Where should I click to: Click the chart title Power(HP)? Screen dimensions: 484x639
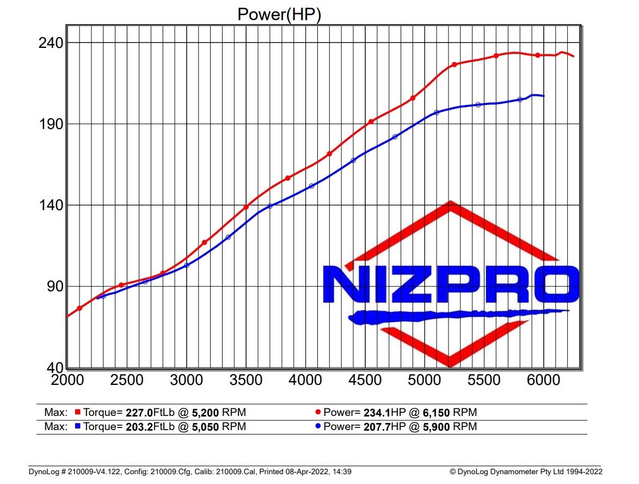[279, 14]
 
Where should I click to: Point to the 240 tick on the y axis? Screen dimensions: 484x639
[50, 43]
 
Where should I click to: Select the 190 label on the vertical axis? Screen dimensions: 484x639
[50, 124]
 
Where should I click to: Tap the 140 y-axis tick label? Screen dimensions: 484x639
[50, 205]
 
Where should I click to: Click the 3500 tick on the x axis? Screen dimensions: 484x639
[246, 379]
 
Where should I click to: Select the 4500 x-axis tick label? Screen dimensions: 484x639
[365, 379]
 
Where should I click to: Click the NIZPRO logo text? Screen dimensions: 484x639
[450, 284]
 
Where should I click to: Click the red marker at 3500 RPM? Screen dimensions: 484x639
[246, 207]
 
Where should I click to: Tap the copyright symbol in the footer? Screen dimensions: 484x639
[452, 472]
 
